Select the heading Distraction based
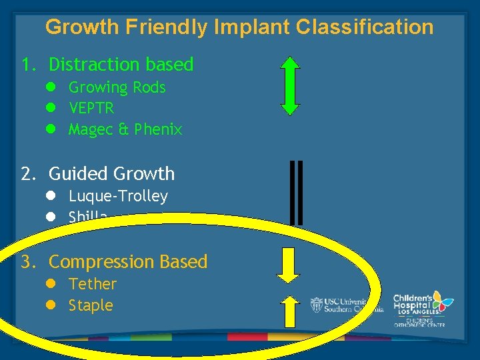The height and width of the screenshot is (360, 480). click(x=121, y=65)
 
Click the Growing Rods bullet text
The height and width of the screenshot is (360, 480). click(x=117, y=87)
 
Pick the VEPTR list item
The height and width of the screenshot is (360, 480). click(x=91, y=108)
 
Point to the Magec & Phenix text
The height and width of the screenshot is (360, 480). click(x=125, y=129)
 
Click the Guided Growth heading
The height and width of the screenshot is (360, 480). click(x=111, y=174)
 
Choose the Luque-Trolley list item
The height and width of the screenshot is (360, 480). click(x=118, y=196)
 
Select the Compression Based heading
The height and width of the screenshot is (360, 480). click(x=128, y=262)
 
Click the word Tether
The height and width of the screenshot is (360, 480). click(x=93, y=284)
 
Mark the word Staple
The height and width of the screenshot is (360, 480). click(x=91, y=306)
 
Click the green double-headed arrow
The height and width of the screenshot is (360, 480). click(x=290, y=86)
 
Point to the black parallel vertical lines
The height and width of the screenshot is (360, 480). click(x=297, y=193)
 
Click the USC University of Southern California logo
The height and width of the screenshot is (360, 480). click(x=346, y=305)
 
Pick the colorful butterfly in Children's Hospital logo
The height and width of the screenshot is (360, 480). click(x=441, y=301)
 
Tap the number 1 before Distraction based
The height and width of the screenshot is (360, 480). click(x=26, y=65)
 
